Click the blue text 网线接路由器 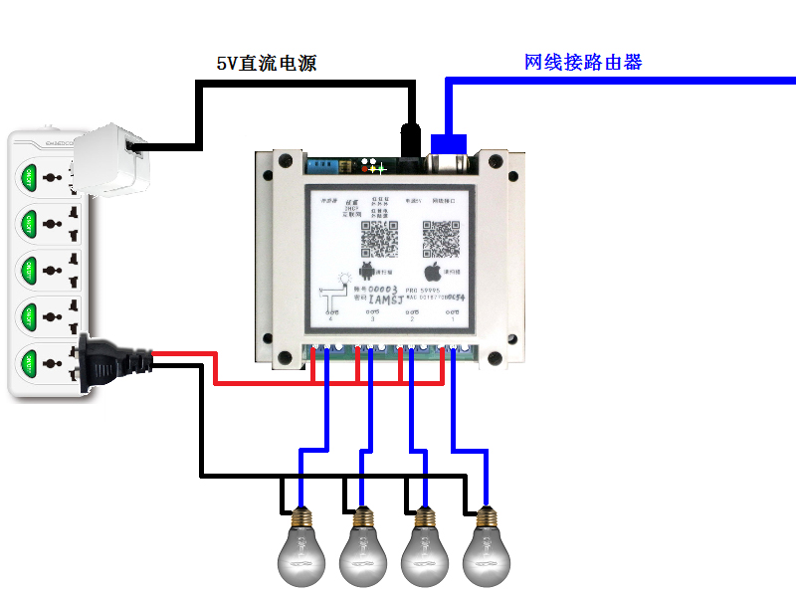(x=583, y=62)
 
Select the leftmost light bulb (x=301, y=547)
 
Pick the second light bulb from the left (x=363, y=547)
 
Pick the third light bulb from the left (x=425, y=547)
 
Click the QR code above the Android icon (x=377, y=238)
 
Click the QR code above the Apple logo (x=441, y=238)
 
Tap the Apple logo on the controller (x=433, y=270)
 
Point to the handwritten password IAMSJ (x=386, y=298)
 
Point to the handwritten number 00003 (x=382, y=287)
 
